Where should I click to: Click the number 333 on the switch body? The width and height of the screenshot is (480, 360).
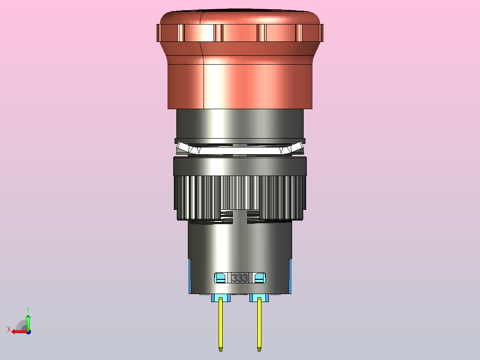point(240,278)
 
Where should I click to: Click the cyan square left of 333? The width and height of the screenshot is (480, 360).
point(220,278)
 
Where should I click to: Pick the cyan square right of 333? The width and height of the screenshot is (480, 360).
point(260,278)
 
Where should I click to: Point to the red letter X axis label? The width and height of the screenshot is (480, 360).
point(9,329)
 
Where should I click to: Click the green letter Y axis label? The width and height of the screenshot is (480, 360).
point(28,310)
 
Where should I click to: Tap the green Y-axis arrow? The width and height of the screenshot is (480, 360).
point(28,323)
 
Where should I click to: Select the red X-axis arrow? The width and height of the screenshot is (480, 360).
point(20,332)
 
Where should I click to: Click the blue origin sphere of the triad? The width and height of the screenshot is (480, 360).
point(28,332)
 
